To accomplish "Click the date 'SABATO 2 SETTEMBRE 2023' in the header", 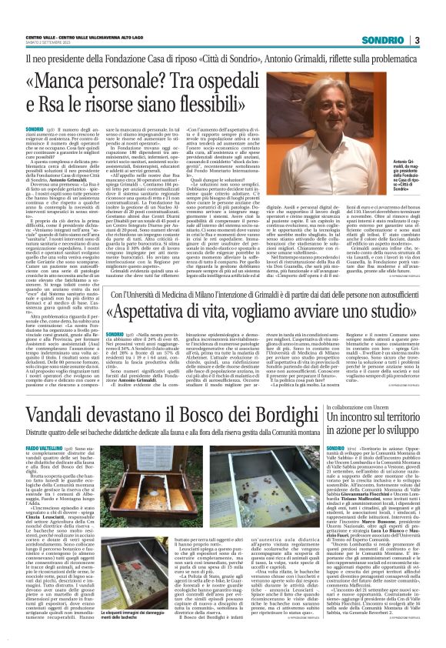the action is coord(49,45).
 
